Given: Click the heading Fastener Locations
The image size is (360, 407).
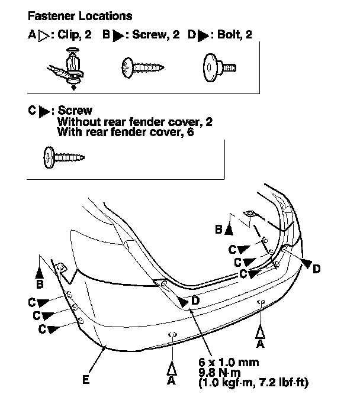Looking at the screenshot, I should [80, 16].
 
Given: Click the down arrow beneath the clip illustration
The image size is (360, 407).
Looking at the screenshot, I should [73, 87].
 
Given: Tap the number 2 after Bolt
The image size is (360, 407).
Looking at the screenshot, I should [249, 35].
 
